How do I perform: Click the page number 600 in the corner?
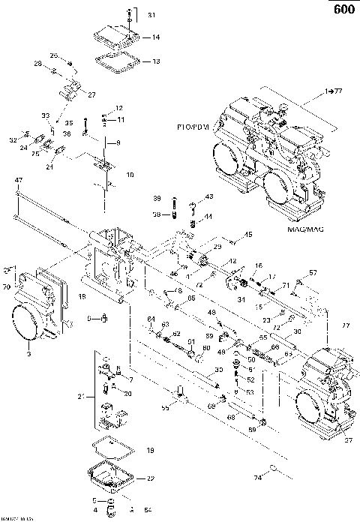pos(342,10)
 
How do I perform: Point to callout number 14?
pos(156,37)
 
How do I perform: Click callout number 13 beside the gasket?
pos(156,61)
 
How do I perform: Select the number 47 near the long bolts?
pos(18,180)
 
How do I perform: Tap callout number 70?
pos(6,286)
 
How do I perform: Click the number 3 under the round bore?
pos(28,352)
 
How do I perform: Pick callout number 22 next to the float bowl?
pos(151,478)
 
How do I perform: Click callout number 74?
pos(257,476)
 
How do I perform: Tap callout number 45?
pos(248,235)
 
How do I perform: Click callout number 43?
pos(209,196)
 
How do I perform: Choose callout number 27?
pos(92,95)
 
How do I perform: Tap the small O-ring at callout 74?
pos(275,469)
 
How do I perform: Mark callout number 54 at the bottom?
pos(147,510)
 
